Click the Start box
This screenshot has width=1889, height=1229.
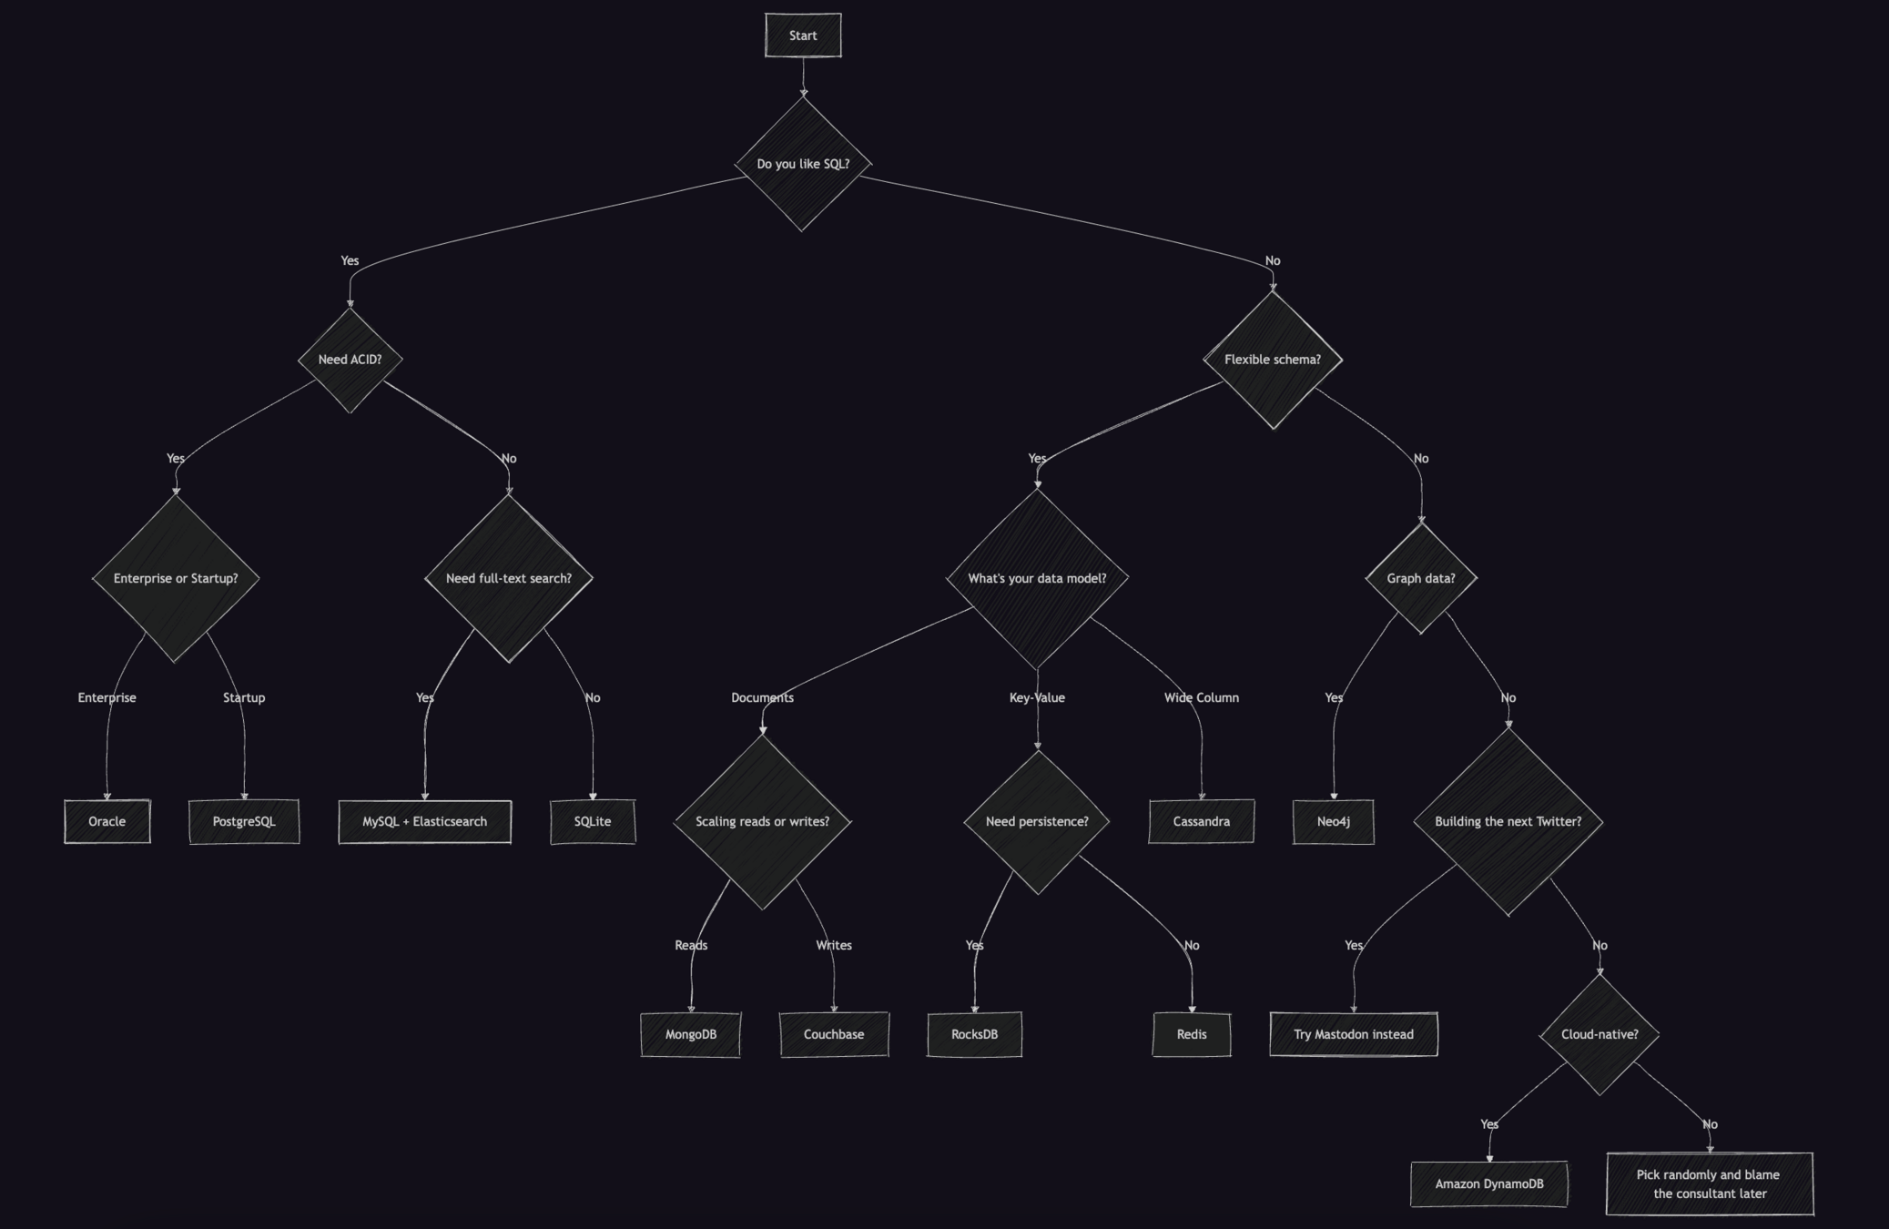(x=803, y=36)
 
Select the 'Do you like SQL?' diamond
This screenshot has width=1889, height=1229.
(x=803, y=164)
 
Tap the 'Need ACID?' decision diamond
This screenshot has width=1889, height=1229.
(x=350, y=360)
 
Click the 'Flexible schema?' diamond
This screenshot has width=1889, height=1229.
(x=1272, y=360)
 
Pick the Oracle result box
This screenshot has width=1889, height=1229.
(x=107, y=821)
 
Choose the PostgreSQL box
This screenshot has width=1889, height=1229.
(x=244, y=821)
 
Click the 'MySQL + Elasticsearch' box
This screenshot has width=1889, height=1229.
(x=424, y=821)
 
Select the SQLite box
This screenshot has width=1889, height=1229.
(x=593, y=821)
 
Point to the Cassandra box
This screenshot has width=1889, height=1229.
(x=1201, y=821)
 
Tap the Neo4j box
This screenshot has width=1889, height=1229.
(x=1333, y=821)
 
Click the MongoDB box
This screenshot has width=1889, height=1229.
(x=690, y=1034)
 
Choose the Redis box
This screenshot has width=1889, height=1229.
(x=1191, y=1034)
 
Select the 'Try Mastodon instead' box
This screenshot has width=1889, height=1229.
(x=1353, y=1034)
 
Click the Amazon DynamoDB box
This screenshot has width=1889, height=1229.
(x=1488, y=1183)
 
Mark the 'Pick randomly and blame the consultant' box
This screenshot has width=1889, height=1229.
(x=1709, y=1183)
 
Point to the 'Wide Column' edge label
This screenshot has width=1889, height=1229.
(x=1201, y=697)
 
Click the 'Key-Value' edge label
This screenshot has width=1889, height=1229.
(x=1037, y=697)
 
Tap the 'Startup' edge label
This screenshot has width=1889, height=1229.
(x=244, y=697)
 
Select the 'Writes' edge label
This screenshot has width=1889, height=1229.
(x=834, y=945)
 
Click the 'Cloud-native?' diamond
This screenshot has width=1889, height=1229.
(x=1600, y=1034)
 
